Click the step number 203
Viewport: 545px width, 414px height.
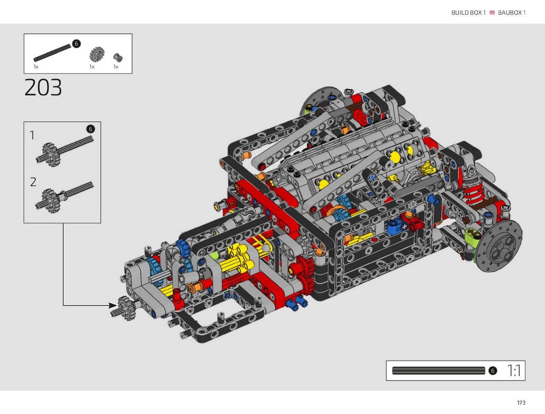coord(43,87)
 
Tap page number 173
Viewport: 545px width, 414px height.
coord(521,403)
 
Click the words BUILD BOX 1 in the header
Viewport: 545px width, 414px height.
coord(468,13)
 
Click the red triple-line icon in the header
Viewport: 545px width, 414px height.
coord(492,13)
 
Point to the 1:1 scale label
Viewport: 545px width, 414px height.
coord(514,371)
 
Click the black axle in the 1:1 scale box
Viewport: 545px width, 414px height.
coord(439,371)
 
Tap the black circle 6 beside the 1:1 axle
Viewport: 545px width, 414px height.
coord(493,371)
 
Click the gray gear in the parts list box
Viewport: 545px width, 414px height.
coord(97,54)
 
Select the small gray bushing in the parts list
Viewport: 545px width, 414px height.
coord(118,58)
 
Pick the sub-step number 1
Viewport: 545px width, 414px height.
coord(32,135)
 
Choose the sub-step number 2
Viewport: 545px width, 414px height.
coord(33,182)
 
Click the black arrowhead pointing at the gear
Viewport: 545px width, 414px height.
coord(113,306)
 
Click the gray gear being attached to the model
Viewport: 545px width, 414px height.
coord(127,308)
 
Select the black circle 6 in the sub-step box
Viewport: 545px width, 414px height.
coord(90,129)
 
